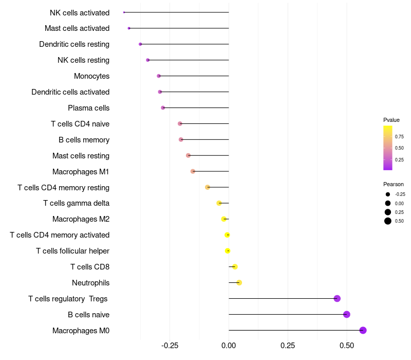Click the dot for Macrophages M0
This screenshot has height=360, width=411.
click(x=363, y=330)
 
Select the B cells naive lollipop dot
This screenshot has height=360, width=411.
click(x=347, y=314)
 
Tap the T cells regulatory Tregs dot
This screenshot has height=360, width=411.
click(x=337, y=298)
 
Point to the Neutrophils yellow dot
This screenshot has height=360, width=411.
click(x=239, y=282)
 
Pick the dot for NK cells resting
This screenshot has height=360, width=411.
click(x=148, y=60)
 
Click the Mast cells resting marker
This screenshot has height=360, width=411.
click(x=188, y=155)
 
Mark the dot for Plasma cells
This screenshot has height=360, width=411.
click(x=163, y=108)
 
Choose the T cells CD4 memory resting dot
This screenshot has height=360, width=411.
click(x=208, y=187)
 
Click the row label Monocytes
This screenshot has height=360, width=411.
click(x=91, y=76)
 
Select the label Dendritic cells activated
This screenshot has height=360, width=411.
click(x=70, y=92)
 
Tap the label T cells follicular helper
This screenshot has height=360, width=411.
click(x=72, y=251)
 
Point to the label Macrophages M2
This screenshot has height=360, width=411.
click(x=81, y=219)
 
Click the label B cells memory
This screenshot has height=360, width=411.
click(x=84, y=140)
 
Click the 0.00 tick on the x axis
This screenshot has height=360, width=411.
click(x=229, y=346)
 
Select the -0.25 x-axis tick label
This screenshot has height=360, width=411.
click(x=170, y=346)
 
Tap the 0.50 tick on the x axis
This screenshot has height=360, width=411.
click(x=347, y=346)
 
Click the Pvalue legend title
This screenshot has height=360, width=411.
click(x=391, y=120)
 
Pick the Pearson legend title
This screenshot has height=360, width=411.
click(x=393, y=184)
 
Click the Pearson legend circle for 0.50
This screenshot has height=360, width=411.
click(x=388, y=221)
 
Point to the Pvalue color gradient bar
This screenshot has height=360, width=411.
click(x=388, y=148)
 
